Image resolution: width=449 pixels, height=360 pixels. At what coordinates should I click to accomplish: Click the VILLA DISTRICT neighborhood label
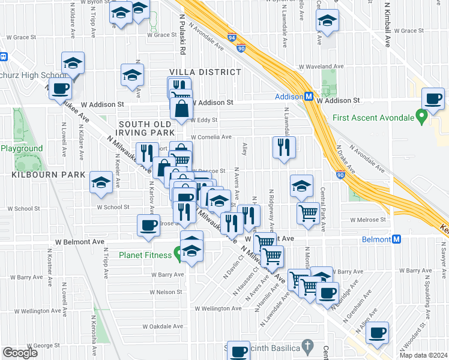(x=204, y=72)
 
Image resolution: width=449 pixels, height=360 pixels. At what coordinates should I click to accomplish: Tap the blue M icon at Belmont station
(x=396, y=239)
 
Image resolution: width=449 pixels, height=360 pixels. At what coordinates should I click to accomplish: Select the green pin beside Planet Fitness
(x=178, y=253)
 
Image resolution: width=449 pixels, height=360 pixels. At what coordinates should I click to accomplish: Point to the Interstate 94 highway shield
(x=232, y=37)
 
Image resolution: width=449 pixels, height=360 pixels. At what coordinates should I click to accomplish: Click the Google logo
(x=20, y=353)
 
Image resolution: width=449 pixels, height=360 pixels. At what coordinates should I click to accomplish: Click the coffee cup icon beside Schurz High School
(x=59, y=89)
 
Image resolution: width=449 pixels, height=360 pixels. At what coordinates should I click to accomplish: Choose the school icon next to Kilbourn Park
(x=101, y=182)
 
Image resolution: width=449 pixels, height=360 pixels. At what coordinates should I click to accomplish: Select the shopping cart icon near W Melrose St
(x=308, y=212)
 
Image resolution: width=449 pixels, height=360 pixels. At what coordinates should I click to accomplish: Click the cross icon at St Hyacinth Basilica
(x=308, y=346)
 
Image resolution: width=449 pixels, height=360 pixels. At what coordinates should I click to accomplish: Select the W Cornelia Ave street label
(x=211, y=137)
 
